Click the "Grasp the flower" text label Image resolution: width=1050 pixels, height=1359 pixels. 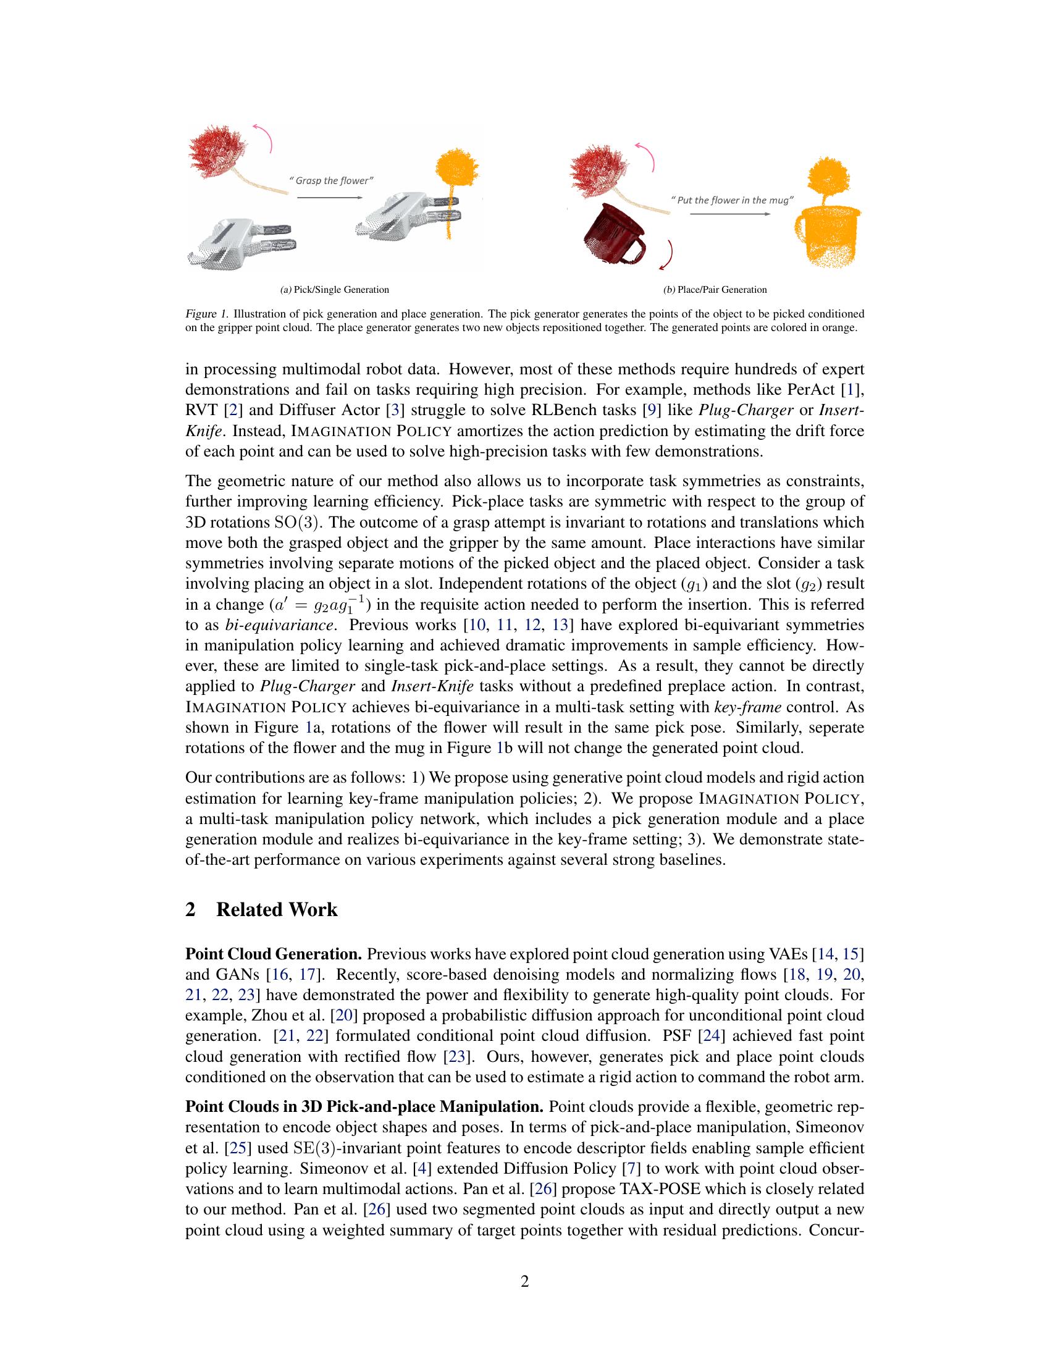pos(332,180)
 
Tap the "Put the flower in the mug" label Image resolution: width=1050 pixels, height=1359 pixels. pos(732,200)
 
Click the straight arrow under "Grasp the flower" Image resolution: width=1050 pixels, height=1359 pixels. pos(330,197)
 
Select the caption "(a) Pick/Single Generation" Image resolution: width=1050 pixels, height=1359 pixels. pos(335,289)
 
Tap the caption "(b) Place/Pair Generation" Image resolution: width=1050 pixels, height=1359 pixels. pos(715,289)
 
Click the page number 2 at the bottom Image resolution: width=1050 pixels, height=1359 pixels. pos(524,1281)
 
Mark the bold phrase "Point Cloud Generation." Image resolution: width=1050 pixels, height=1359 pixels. pos(274,954)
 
